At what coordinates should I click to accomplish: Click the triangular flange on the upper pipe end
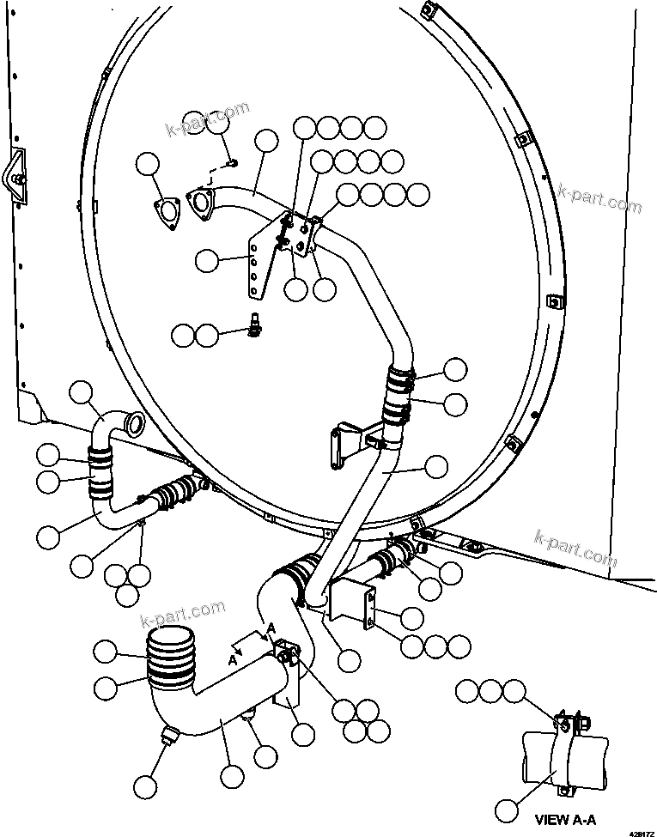point(200,203)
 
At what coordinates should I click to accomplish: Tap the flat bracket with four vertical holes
point(256,267)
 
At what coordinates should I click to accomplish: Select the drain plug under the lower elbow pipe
point(167,737)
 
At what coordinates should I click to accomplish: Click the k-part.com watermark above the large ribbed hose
point(182,615)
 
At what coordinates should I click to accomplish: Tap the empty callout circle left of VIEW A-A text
point(508,810)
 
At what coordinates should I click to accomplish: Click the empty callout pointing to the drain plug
point(145,785)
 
